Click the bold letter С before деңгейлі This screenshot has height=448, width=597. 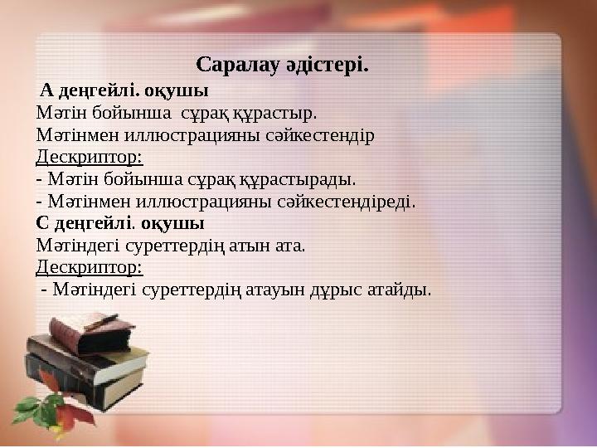click(42, 223)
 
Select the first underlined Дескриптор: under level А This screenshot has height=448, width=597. click(90, 156)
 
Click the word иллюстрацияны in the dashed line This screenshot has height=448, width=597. click(188, 201)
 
